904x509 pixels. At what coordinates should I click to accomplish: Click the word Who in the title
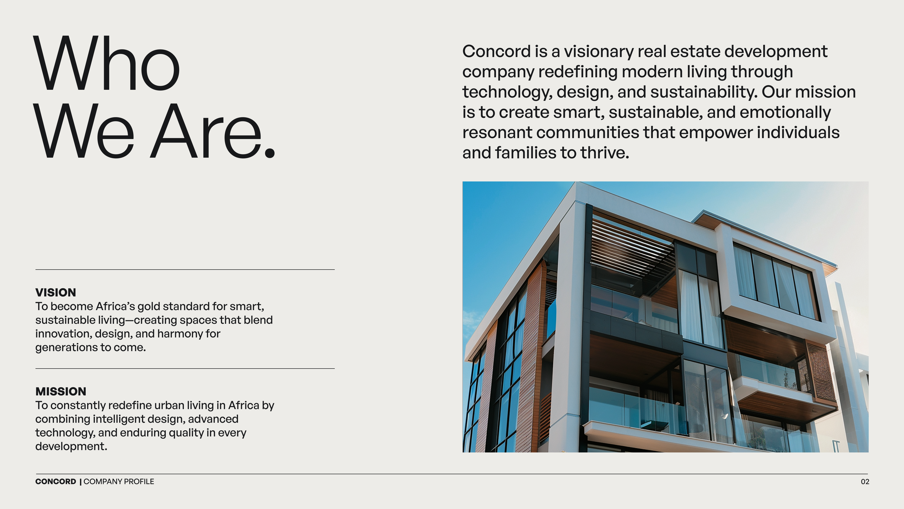[x=107, y=63]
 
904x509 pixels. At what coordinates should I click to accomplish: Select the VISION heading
[x=56, y=292]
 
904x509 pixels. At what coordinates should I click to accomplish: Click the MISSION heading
[x=61, y=391]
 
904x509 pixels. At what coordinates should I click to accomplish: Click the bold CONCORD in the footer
[x=56, y=482]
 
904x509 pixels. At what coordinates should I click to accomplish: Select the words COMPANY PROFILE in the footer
[x=119, y=482]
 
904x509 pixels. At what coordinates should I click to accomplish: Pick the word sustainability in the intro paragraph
[x=704, y=92]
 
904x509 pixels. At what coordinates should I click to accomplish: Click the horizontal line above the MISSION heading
[x=185, y=369]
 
